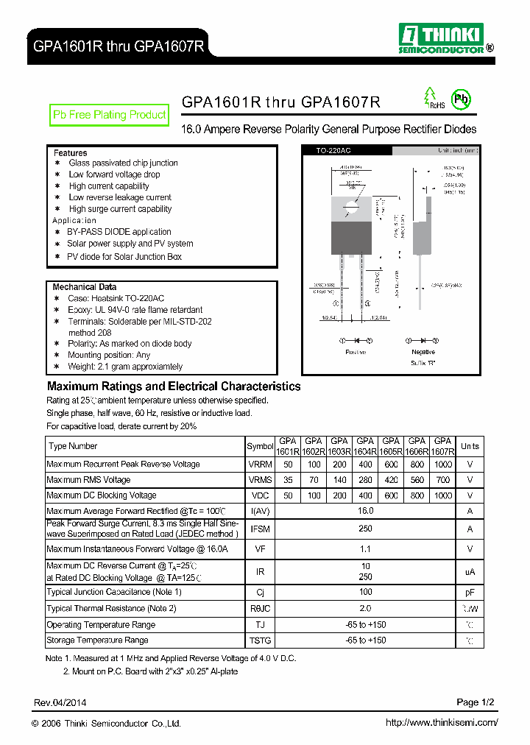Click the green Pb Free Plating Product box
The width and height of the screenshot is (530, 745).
coord(110,115)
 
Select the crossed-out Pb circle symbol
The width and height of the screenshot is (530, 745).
coord(462,99)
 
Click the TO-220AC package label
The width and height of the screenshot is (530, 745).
coord(332,150)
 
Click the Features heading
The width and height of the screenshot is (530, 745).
coord(70,152)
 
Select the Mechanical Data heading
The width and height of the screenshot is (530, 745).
coord(84,286)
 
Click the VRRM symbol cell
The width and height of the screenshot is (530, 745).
coord(260,465)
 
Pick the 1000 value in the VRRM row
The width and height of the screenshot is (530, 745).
coord(442,465)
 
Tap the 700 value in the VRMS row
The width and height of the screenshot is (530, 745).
coord(442,480)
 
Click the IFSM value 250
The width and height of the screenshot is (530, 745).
coord(365,529)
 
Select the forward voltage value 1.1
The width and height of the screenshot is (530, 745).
coord(365,549)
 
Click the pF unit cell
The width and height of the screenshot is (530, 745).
coord(470,592)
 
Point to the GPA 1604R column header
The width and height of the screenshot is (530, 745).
coord(365,446)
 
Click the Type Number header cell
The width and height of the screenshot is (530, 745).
coord(73,446)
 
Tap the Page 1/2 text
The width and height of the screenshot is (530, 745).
coord(477,702)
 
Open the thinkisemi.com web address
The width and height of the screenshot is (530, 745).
coord(442,723)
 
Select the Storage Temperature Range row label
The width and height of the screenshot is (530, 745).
coord(97,640)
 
